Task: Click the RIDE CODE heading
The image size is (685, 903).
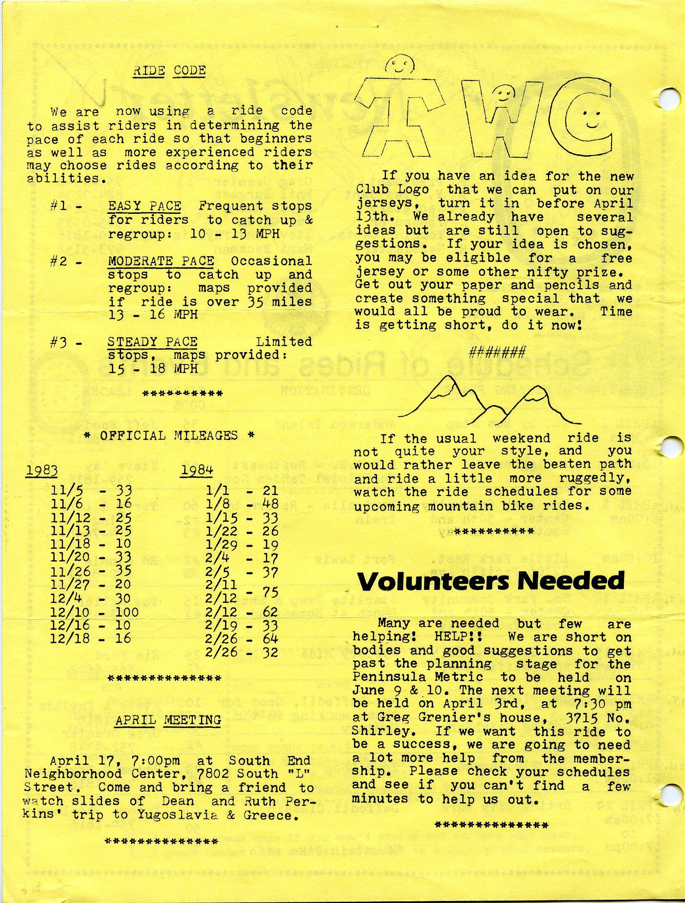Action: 169,71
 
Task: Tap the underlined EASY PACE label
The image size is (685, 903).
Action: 145,206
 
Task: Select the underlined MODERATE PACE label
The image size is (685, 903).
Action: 161,261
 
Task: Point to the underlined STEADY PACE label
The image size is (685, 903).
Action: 153,342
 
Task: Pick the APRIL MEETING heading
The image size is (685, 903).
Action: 168,720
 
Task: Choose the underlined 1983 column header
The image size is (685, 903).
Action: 41,471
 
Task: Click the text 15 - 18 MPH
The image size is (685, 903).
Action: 153,368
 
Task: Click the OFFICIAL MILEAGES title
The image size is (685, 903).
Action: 169,435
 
